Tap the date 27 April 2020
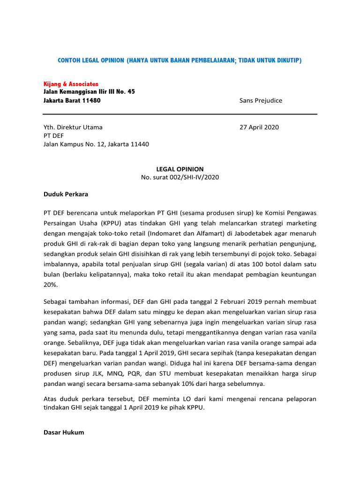pyautogui.click(x=259, y=127)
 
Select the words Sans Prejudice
pyautogui.click(x=261, y=100)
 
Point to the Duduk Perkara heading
pyautogui.click(x=66, y=194)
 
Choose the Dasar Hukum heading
pyautogui.click(x=64, y=432)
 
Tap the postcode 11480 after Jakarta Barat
pyautogui.click(x=90, y=100)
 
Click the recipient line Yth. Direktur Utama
pyautogui.click(x=73, y=127)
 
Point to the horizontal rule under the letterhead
pyautogui.click(x=180, y=114)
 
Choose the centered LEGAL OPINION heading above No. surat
pyautogui.click(x=180, y=169)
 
